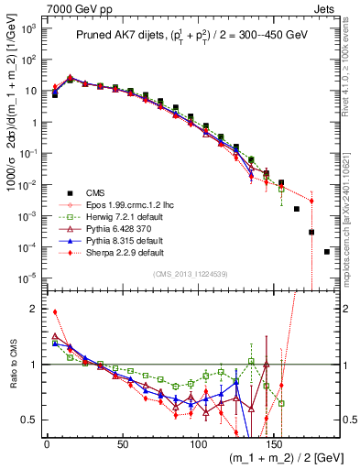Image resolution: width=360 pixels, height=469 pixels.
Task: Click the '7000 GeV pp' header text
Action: click(43, 8)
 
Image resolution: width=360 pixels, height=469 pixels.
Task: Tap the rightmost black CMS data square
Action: click(327, 252)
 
